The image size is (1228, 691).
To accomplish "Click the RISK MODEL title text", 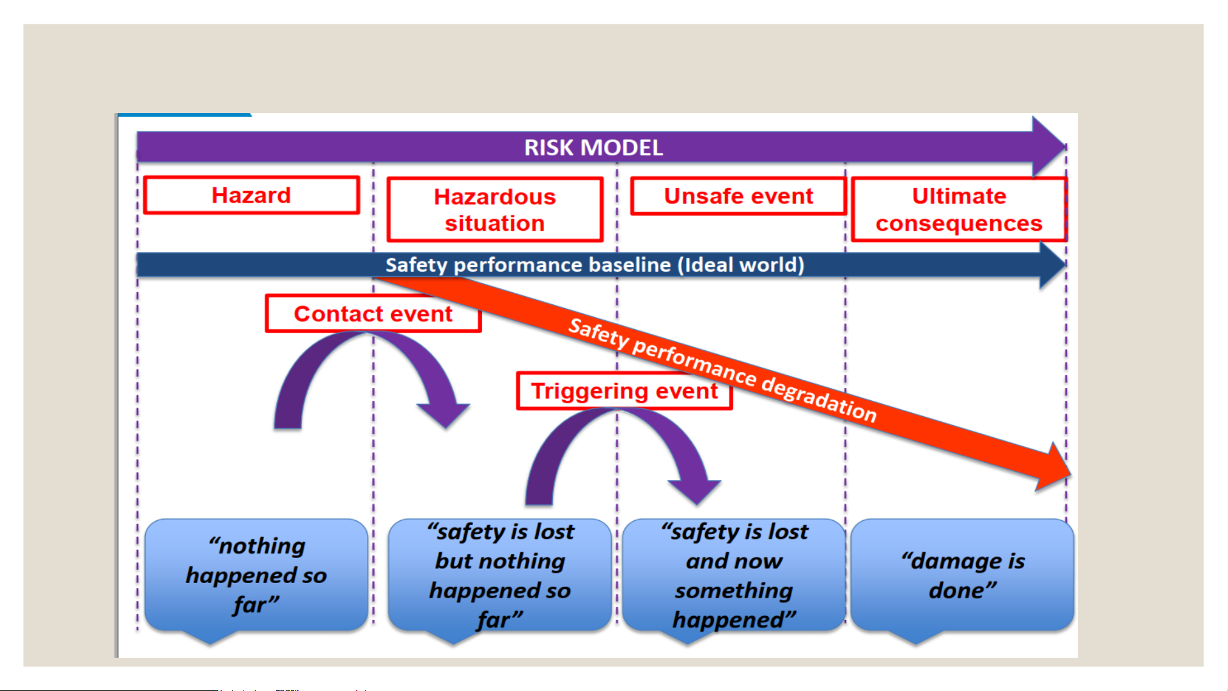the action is [593, 148].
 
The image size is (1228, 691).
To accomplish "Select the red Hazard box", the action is [252, 195].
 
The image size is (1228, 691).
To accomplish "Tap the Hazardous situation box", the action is [495, 210].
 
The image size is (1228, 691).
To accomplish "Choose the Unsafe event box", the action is [738, 196].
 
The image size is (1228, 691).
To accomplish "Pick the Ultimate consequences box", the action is [959, 210].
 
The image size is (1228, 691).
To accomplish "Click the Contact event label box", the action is [373, 313].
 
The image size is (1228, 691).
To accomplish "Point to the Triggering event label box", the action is [625, 391].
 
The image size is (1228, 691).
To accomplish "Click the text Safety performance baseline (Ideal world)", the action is [595, 265].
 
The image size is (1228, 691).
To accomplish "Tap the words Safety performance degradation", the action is [722, 370].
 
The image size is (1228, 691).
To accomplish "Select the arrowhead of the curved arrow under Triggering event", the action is [695, 492].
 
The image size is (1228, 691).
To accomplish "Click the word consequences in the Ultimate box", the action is [959, 224].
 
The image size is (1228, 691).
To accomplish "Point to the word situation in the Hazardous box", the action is [495, 224].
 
